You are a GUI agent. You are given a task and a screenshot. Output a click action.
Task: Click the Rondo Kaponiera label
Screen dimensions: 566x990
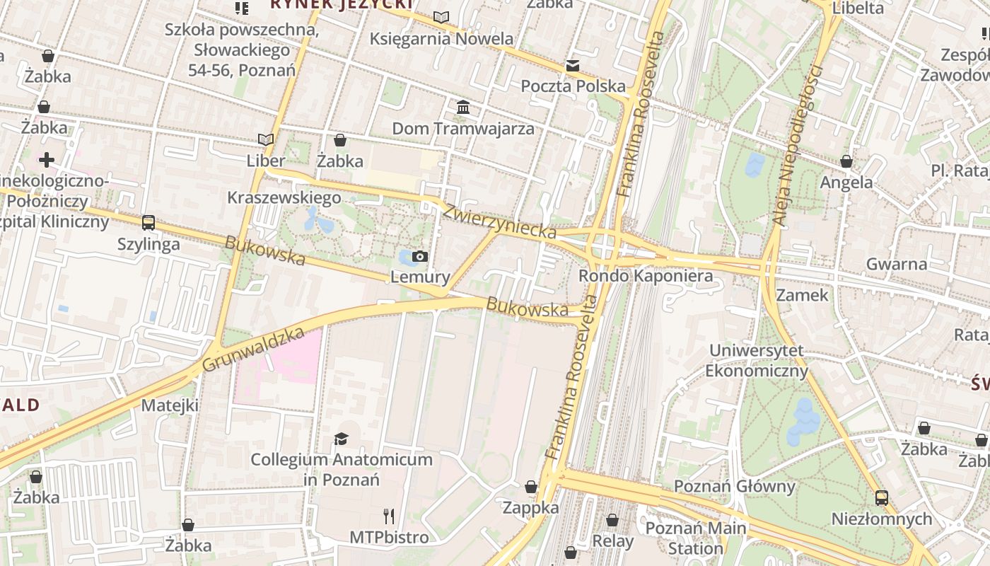[x=646, y=276]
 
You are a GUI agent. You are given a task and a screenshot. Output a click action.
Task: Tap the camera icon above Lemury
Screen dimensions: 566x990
[x=420, y=256]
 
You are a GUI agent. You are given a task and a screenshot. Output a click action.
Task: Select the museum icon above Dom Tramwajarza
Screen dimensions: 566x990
[x=463, y=107]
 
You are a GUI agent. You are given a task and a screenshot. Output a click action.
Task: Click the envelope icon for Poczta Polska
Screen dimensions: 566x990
[x=573, y=66]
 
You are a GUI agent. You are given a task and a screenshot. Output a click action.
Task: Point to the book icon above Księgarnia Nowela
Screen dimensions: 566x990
[x=441, y=17]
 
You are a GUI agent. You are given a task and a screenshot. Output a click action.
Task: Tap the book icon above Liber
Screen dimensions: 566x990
[x=266, y=140]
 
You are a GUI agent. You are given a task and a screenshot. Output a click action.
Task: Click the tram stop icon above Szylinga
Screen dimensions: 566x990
[x=148, y=223]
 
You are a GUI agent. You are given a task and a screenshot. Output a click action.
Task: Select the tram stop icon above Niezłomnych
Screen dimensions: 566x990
[x=881, y=497]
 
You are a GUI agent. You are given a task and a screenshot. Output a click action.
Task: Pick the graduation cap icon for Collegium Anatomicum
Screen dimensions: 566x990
[x=342, y=439]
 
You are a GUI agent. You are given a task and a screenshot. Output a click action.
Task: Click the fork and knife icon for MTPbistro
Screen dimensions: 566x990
[x=389, y=516]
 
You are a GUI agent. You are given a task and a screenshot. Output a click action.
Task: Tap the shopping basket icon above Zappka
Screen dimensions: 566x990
[x=531, y=487]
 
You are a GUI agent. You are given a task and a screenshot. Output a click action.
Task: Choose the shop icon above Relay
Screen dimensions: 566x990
[x=612, y=520]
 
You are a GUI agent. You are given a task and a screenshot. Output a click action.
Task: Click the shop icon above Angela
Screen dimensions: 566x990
[x=846, y=161]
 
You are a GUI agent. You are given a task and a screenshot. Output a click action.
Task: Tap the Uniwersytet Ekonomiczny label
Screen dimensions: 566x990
[x=757, y=361]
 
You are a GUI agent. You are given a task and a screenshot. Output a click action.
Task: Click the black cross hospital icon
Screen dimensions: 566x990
[x=47, y=160]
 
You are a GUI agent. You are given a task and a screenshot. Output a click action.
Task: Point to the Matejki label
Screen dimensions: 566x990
[x=170, y=405]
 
